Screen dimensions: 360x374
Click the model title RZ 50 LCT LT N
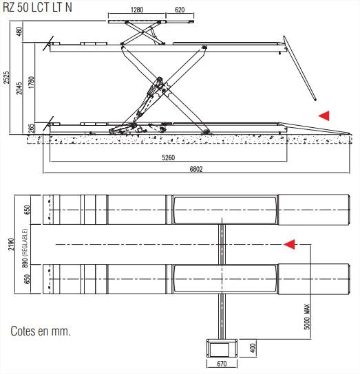pos(37,7)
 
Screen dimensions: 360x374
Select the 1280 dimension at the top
pos(137,10)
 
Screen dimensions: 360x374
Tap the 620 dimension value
pos(180,10)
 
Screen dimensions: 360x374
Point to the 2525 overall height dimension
pos(6,77)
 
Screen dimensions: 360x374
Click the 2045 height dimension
pos(19,88)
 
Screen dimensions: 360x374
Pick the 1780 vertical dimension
pos(31,82)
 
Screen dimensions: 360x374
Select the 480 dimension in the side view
pos(19,31)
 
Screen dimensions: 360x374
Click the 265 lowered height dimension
pos(31,129)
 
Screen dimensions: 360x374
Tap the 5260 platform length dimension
pos(169,157)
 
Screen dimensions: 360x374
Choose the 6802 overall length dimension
pos(196,169)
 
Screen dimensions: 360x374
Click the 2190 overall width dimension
pos(11,244)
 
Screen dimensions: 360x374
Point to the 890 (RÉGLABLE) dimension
pos(25,247)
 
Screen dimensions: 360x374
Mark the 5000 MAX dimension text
pos(308,317)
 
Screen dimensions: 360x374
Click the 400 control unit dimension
pos(253,349)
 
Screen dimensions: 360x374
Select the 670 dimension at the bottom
pos(222,364)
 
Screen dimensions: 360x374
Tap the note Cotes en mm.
pos(41,331)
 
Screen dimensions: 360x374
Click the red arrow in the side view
pos(324,115)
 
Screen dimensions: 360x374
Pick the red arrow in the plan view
pos(289,244)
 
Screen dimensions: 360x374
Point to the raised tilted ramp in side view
pos(299,68)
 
